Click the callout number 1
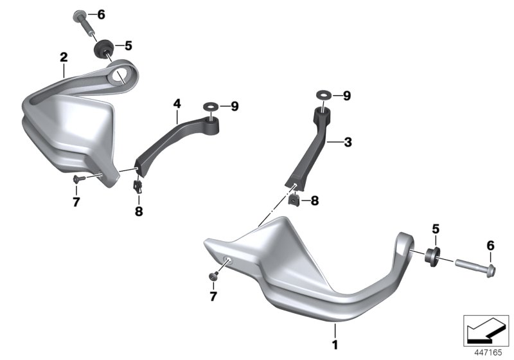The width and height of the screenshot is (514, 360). (335, 345)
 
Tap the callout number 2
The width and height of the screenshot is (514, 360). (64, 57)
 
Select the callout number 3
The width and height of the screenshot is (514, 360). (348, 142)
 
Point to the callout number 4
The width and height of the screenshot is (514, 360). (177, 104)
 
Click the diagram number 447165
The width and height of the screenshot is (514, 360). (488, 353)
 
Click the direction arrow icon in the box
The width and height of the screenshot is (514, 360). (486, 330)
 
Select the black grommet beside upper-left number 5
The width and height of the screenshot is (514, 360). (103, 48)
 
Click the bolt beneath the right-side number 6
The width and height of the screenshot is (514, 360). (475, 267)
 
